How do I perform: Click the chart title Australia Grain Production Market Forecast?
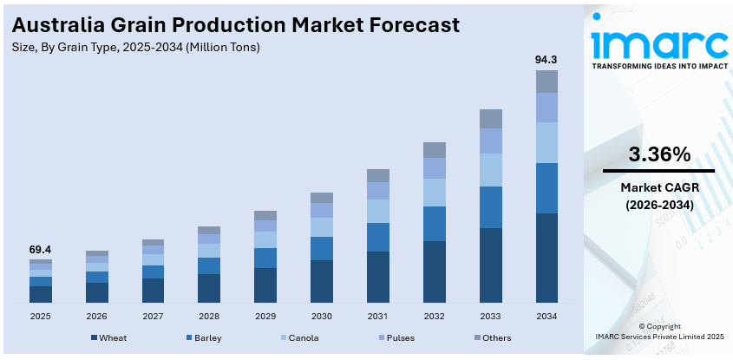click(236, 24)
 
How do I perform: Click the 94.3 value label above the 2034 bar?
click(546, 59)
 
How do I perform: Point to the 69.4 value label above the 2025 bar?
click(40, 249)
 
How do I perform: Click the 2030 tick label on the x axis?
click(321, 317)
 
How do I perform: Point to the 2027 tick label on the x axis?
click(153, 317)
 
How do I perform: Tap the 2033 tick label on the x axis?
click(490, 317)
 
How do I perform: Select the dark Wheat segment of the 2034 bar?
click(546, 258)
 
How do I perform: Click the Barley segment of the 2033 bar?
click(490, 207)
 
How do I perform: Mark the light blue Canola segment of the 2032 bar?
click(434, 193)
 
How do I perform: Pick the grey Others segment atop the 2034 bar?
click(546, 82)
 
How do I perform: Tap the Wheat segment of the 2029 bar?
click(265, 285)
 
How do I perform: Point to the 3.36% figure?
click(658, 154)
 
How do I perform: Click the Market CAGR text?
click(658, 188)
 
